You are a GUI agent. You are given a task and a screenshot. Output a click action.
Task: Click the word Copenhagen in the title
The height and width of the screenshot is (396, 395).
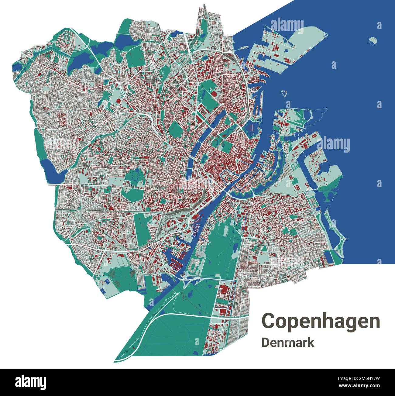pos(321,321)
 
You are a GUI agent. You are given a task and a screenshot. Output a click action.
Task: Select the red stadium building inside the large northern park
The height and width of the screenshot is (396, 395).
pos(214,94)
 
